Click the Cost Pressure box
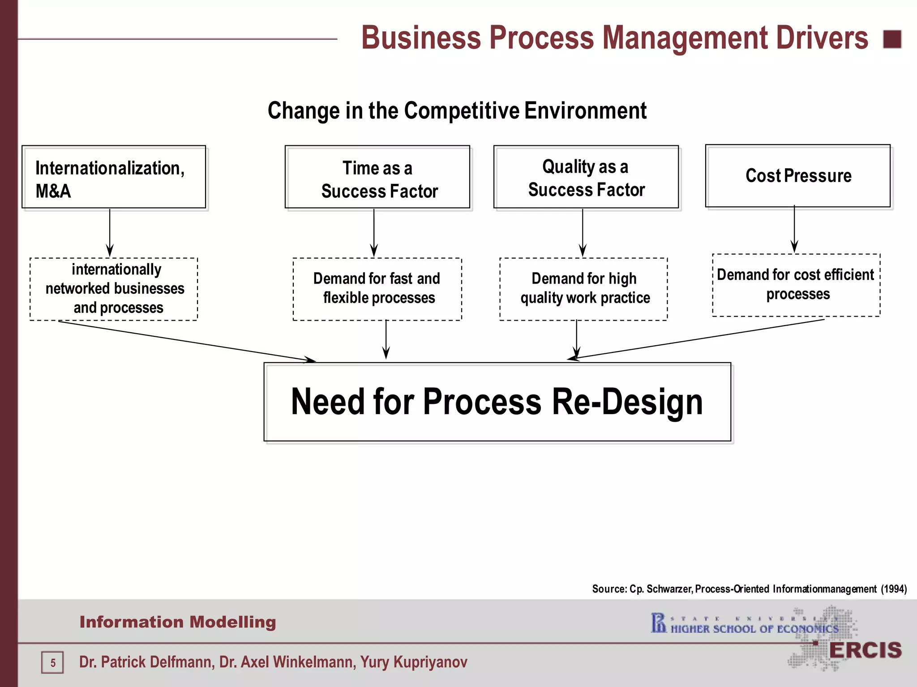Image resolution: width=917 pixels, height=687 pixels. pos(797,176)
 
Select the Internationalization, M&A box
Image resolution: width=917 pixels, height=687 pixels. pos(114,177)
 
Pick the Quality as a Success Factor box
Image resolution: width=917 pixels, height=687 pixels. pos(586,177)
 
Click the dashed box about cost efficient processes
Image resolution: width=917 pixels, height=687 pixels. pos(796,285)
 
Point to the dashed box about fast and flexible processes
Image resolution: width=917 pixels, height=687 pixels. pos(377,288)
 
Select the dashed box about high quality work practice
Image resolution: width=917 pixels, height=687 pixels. pos(583,288)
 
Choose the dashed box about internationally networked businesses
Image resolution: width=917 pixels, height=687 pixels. pos(114,288)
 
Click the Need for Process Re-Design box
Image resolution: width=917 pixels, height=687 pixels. pos(497,402)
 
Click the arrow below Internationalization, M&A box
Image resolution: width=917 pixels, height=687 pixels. pos(110,233)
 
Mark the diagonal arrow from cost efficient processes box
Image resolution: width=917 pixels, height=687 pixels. pos(698,339)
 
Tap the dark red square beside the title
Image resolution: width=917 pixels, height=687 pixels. pos(892,39)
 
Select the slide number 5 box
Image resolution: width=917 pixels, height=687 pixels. pos(53,662)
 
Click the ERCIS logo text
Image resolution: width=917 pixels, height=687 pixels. pos(865,650)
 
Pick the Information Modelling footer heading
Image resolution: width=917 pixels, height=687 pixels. pos(178,622)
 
